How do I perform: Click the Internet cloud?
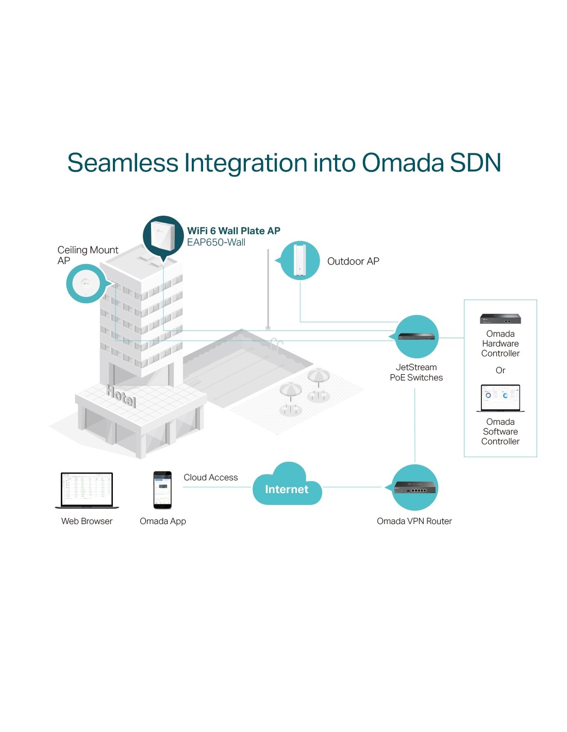[x=287, y=487]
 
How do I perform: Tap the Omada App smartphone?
[x=162, y=490]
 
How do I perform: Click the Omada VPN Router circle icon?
[x=415, y=487]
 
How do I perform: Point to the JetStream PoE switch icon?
[x=416, y=337]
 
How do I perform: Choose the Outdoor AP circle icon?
[x=300, y=260]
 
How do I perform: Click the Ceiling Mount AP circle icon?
[x=86, y=284]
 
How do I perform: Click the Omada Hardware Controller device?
[x=500, y=319]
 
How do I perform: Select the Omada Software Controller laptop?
[x=500, y=398]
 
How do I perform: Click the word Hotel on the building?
[x=122, y=395]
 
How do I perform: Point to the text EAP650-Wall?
[x=216, y=242]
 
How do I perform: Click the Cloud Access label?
[x=210, y=478]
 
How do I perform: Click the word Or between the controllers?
[x=500, y=370]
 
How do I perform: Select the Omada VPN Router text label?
[x=414, y=521]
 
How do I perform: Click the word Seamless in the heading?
[x=123, y=163]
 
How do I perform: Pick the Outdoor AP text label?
[x=353, y=262]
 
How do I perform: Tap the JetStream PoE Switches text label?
[x=416, y=372]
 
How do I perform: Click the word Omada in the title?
[x=403, y=163]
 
